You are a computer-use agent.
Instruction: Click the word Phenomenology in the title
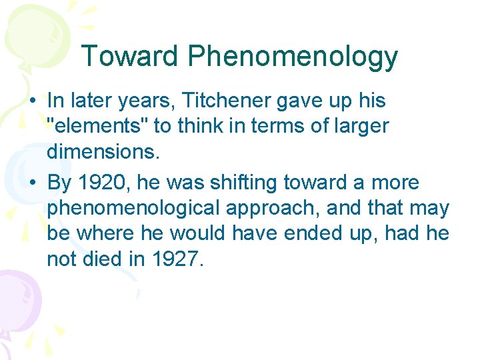tap(293, 58)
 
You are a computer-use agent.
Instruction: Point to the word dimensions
tap(103, 152)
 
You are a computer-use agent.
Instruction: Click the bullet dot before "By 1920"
tap(32, 183)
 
